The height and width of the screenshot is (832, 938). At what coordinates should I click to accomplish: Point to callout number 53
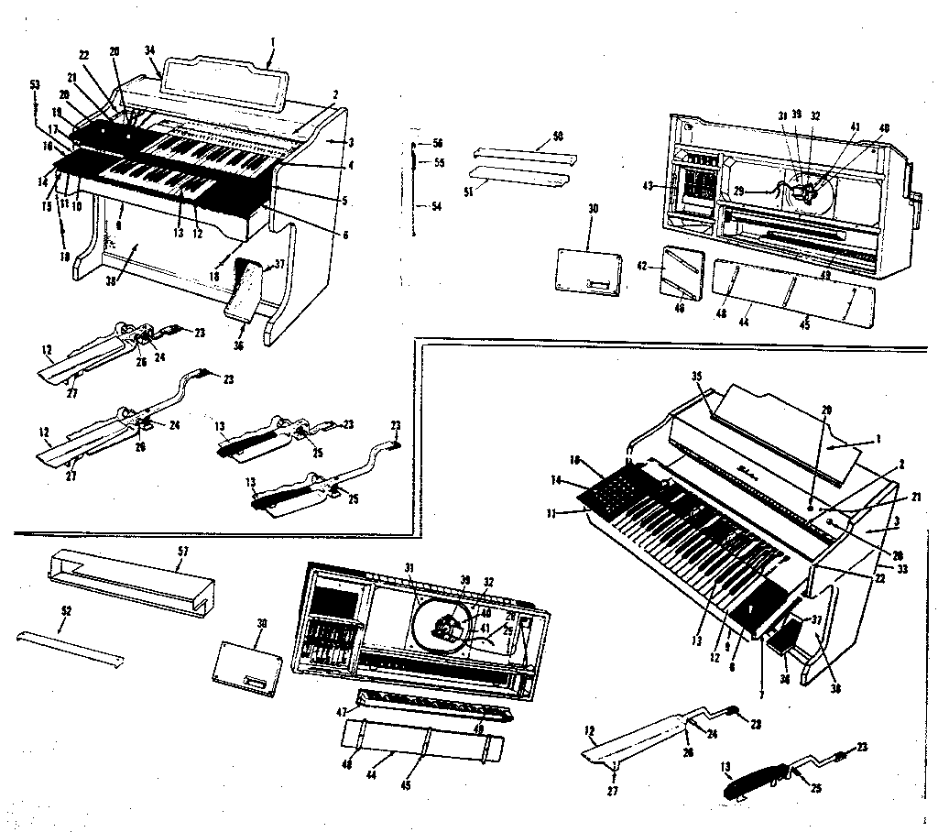click(36, 84)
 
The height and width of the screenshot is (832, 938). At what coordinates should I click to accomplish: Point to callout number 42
click(643, 267)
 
